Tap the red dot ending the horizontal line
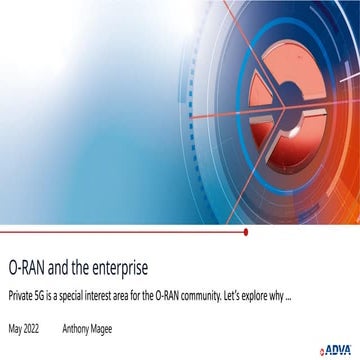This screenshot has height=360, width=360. [246, 232]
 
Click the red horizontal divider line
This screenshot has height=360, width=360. [120, 232]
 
